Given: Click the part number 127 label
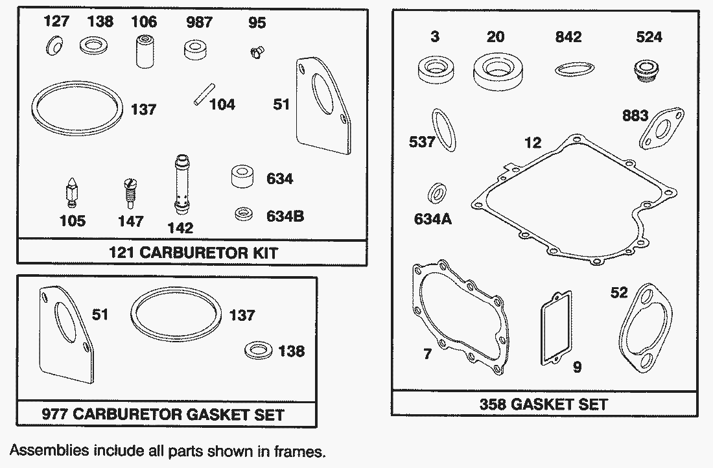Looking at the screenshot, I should tap(56, 22).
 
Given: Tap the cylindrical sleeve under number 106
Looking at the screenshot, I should tap(143, 53).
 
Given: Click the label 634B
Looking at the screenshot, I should tap(285, 215).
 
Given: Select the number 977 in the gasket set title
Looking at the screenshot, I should tap(54, 414).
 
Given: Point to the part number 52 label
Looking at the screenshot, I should tap(619, 292).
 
